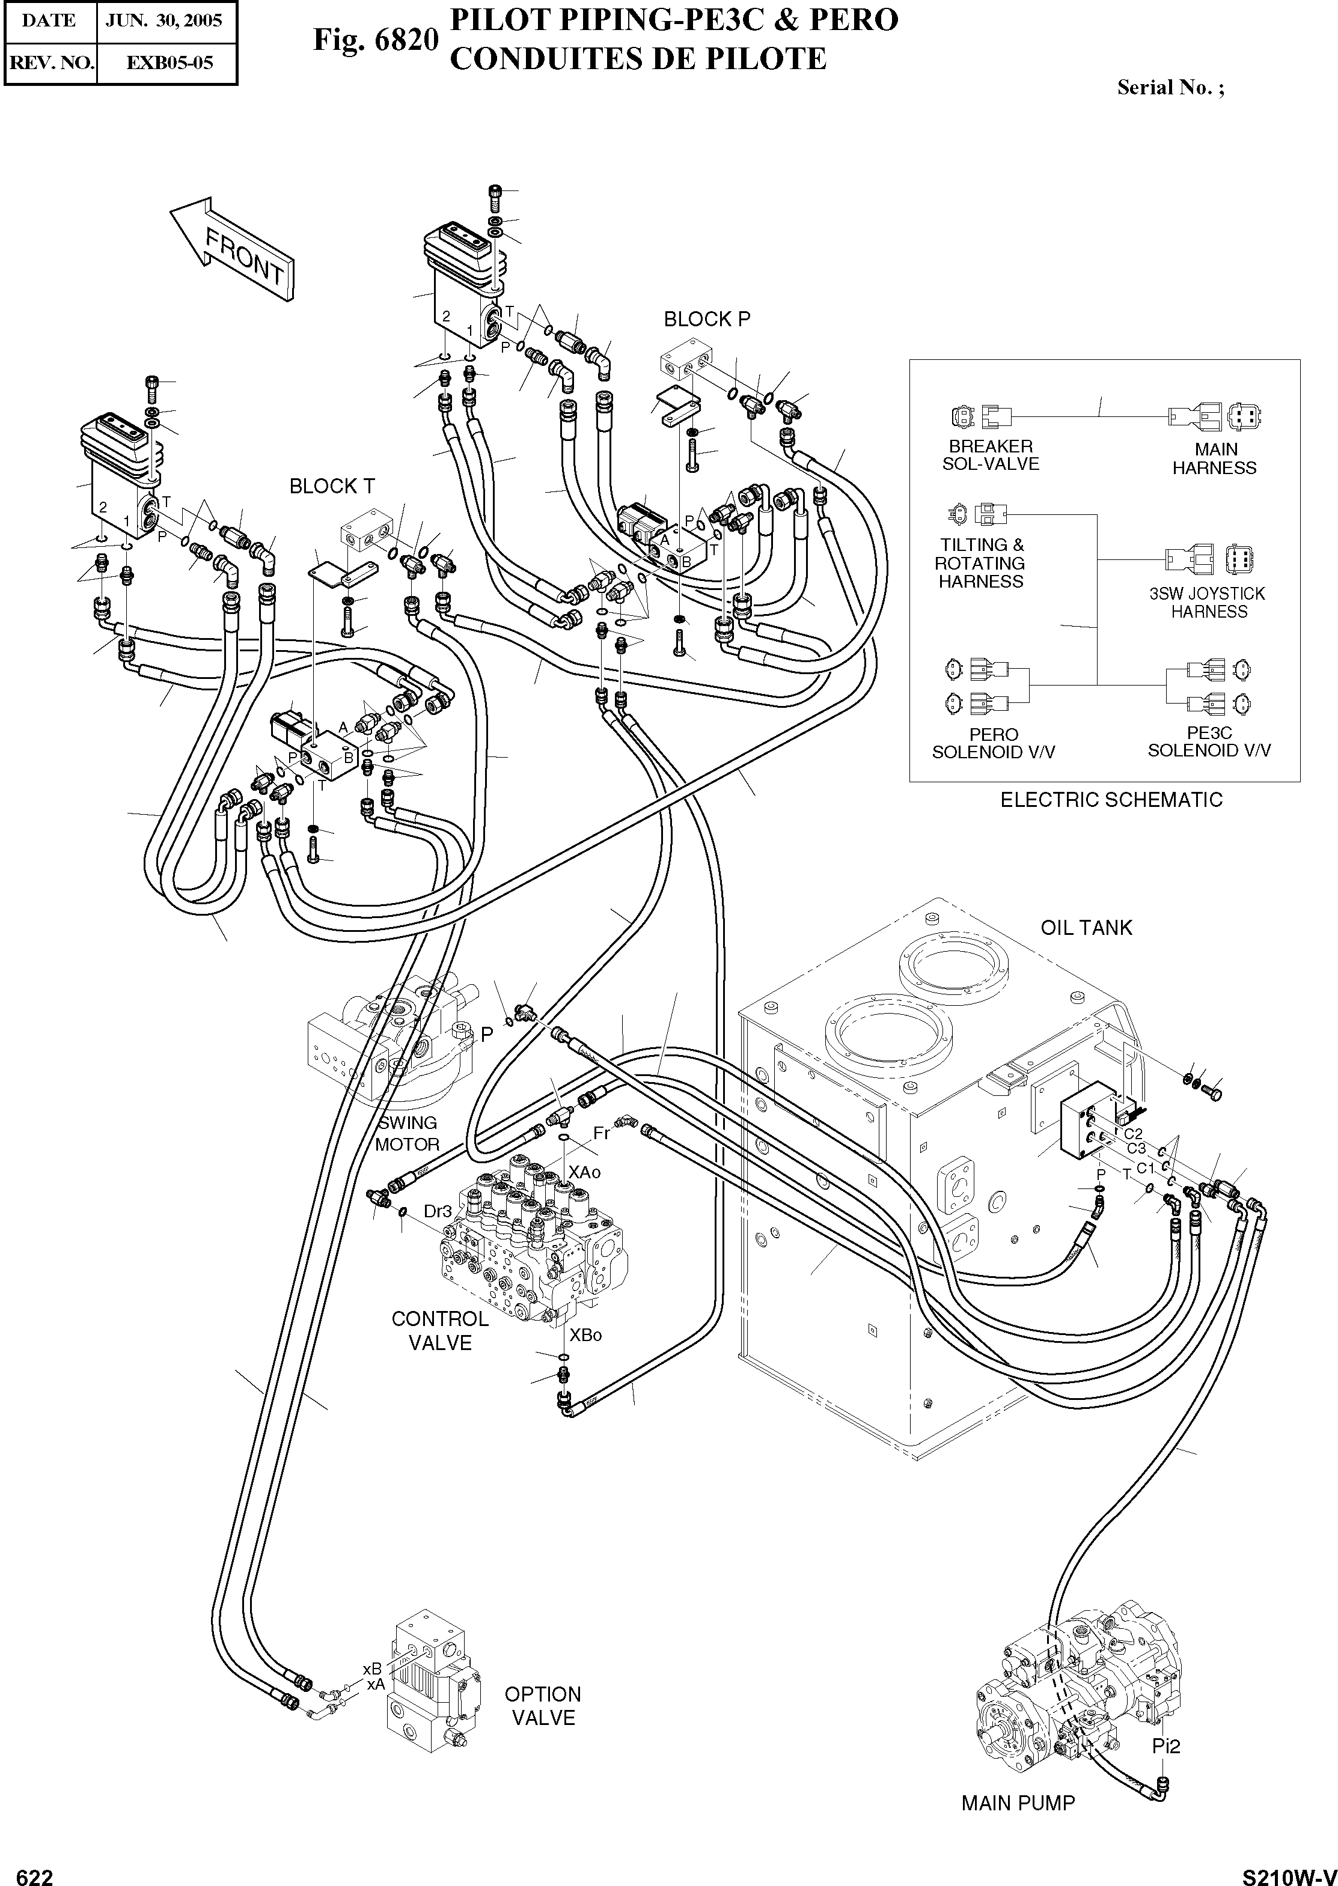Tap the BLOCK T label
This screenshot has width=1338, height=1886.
click(x=332, y=487)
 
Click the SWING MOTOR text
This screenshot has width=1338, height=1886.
click(x=407, y=1133)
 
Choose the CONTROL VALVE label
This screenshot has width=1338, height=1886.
click(x=440, y=1330)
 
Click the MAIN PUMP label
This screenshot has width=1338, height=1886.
click(x=1018, y=1803)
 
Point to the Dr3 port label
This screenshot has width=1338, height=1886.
click(x=438, y=1211)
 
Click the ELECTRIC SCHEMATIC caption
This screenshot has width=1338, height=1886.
click(x=1111, y=800)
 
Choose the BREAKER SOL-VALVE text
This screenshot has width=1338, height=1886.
click(x=991, y=455)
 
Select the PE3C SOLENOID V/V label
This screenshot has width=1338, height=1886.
click(x=1209, y=742)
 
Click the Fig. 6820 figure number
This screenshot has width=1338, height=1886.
click(x=375, y=38)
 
